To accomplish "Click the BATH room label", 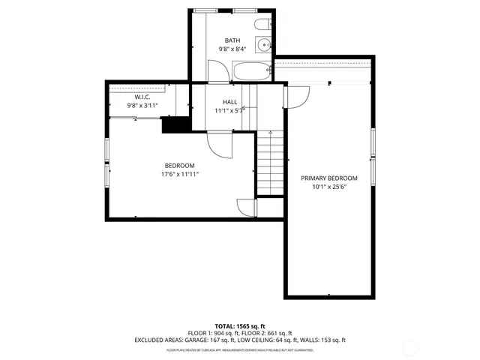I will click(232, 40).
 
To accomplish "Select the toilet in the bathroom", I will click(261, 26).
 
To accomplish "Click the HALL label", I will click(231, 102).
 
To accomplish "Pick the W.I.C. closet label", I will click(143, 97).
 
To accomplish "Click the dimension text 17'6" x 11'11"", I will click(179, 174).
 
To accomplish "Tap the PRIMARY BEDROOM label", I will click(329, 178).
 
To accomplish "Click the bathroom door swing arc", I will click(217, 73).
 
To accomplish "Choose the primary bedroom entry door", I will click(298, 96).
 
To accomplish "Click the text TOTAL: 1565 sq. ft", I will click(239, 326).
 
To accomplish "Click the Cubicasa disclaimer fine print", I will click(239, 349).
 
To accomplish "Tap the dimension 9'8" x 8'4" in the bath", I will click(232, 49).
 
